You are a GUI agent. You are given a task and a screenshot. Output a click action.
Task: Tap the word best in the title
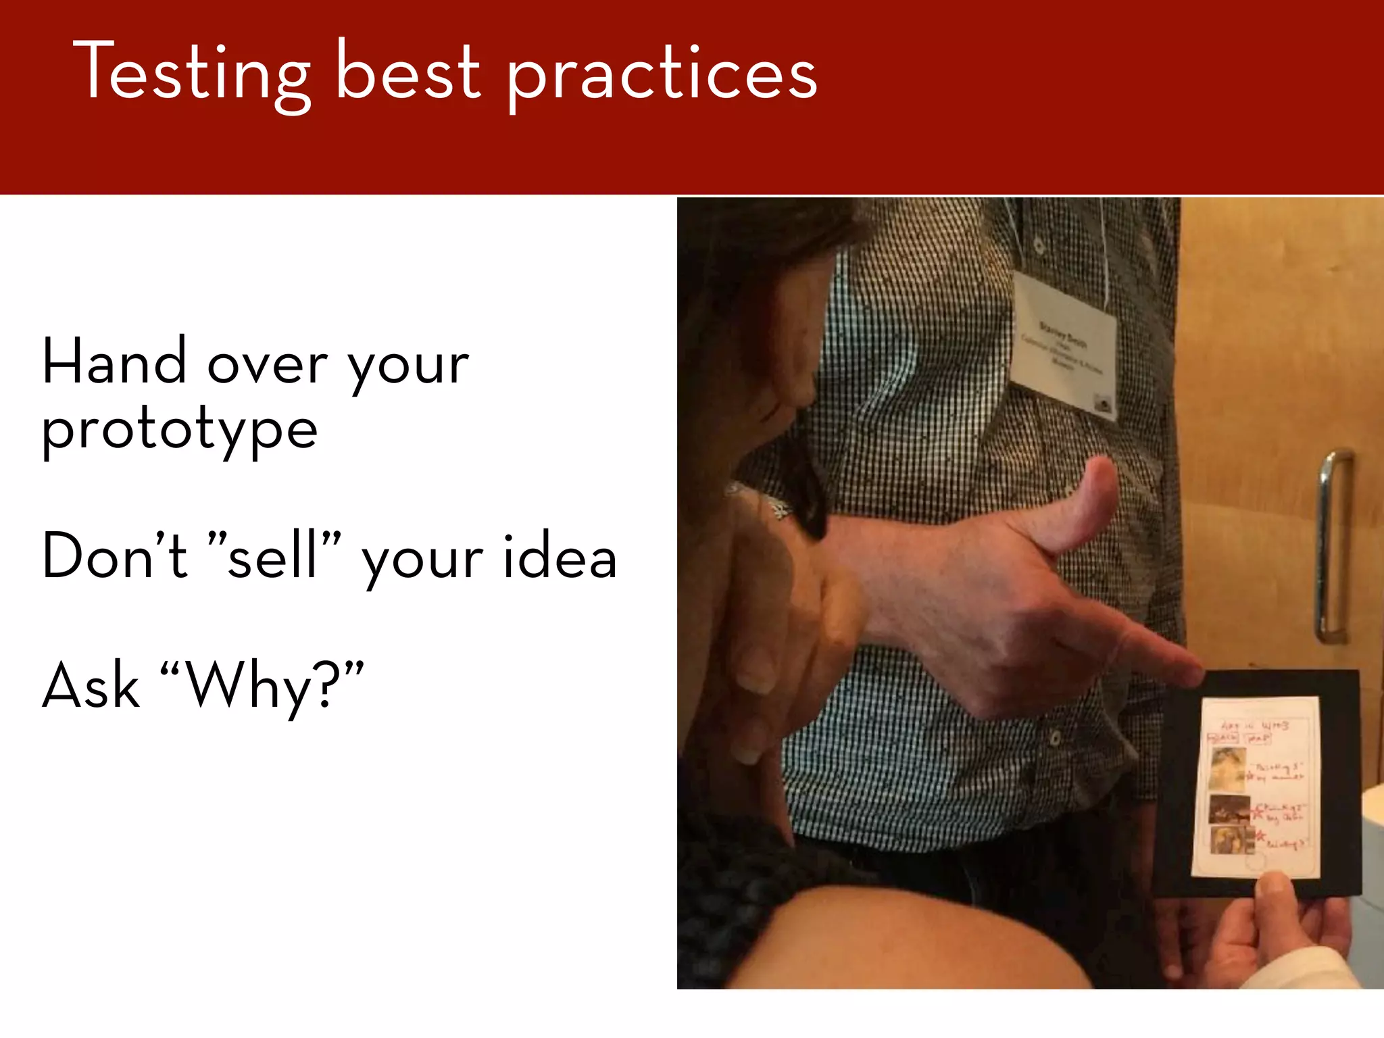[x=407, y=72]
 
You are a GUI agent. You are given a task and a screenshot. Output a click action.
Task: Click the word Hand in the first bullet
[x=114, y=362]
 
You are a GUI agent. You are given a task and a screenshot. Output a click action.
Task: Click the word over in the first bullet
[x=267, y=365]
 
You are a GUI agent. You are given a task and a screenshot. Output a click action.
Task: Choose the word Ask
[x=91, y=685]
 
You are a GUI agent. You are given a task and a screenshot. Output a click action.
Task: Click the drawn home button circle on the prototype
[x=1256, y=862]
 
